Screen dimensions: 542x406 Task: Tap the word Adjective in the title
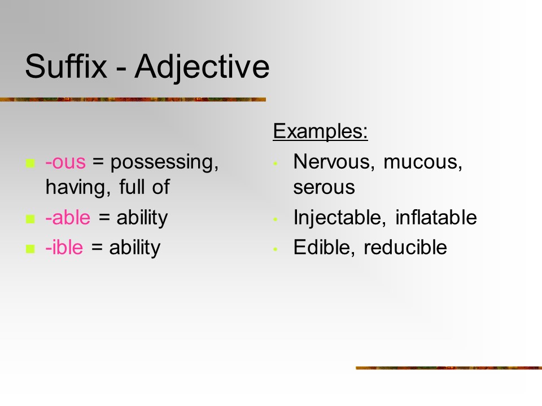click(202, 68)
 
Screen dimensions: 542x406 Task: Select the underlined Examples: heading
click(321, 131)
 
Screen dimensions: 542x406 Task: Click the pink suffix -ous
click(65, 162)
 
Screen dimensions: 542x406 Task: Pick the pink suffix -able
click(68, 217)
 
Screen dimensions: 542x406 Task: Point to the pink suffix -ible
click(64, 247)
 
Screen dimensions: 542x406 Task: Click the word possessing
click(164, 162)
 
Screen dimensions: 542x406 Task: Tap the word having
click(78, 188)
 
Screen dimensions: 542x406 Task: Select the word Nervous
click(334, 162)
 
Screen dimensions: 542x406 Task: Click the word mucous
click(423, 162)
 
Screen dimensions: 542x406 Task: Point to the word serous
click(324, 188)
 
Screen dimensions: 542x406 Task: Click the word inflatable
click(436, 217)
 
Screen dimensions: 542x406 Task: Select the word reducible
click(405, 247)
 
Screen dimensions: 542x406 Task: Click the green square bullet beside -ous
click(30, 163)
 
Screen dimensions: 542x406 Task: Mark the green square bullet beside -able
click(30, 219)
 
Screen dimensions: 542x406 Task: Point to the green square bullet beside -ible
click(30, 249)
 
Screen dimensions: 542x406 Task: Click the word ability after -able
click(142, 218)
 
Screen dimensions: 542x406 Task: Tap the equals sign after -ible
click(97, 247)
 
